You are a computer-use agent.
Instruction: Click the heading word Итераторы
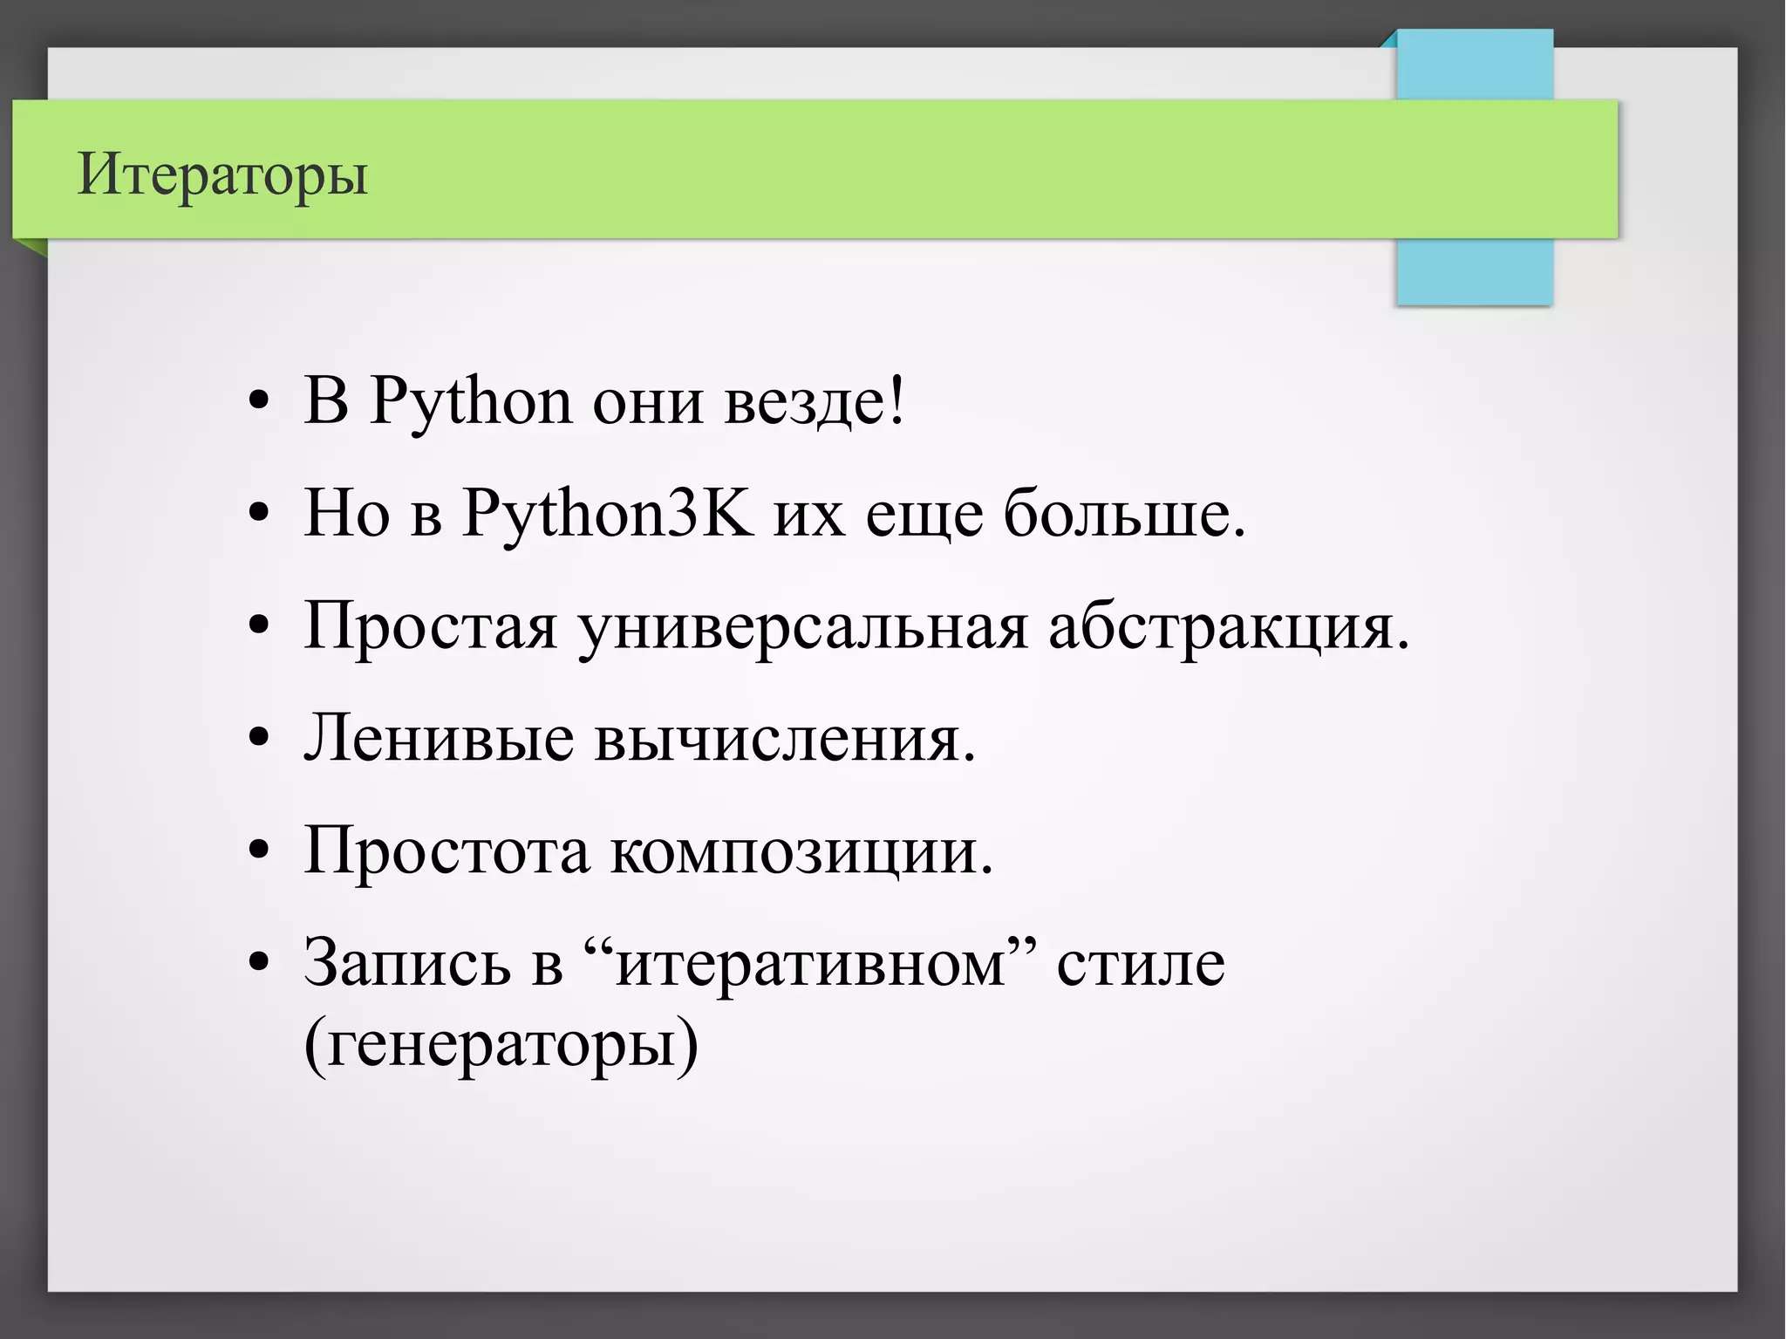(222, 174)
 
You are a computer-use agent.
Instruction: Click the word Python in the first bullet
(471, 402)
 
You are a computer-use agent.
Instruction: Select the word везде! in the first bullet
(815, 402)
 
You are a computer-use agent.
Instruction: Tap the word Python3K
(607, 514)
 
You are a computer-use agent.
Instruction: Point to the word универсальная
(802, 627)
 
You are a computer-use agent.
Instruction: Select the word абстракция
(1225, 627)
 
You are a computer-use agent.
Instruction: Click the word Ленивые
(438, 739)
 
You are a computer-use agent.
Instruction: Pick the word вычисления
(783, 739)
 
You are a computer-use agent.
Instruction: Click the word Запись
(407, 963)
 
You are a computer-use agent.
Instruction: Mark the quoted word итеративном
(811, 963)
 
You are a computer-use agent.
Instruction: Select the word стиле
(1141, 963)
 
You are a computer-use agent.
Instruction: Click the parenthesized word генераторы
(501, 1043)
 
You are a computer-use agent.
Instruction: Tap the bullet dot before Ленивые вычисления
(258, 739)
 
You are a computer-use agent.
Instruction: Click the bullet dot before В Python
(258, 402)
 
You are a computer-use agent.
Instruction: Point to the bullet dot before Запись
(258, 963)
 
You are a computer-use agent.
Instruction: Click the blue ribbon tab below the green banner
(1474, 271)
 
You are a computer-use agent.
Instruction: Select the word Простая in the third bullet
(430, 627)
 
